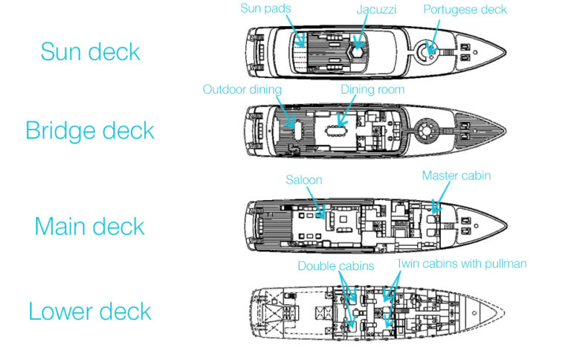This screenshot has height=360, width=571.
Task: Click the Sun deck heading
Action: click(x=90, y=51)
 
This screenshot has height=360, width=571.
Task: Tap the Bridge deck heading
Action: click(x=90, y=130)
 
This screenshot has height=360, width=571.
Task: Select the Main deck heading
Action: click(x=89, y=226)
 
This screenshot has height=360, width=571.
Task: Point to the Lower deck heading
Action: click(x=90, y=311)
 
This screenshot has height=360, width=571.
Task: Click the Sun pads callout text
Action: click(x=265, y=8)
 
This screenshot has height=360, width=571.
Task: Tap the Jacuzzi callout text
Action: click(x=376, y=10)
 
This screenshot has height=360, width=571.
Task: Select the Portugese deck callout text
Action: click(x=465, y=10)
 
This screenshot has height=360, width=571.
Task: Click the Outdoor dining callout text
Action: click(x=242, y=89)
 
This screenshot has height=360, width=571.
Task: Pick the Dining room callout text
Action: click(x=372, y=89)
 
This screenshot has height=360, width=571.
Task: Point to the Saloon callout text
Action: click(x=303, y=180)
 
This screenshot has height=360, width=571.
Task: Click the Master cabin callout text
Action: click(x=457, y=176)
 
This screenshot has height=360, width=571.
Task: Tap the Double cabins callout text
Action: click(x=336, y=266)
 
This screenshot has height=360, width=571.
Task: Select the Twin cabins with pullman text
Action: click(x=462, y=263)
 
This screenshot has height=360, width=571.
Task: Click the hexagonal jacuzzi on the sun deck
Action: click(x=358, y=53)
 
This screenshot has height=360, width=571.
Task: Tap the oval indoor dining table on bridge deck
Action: click(x=337, y=131)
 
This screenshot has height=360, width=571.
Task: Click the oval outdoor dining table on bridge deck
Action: click(x=298, y=130)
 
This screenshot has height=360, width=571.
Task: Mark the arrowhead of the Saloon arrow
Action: click(x=323, y=216)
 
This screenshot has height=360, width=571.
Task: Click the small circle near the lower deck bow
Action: click(x=474, y=313)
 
